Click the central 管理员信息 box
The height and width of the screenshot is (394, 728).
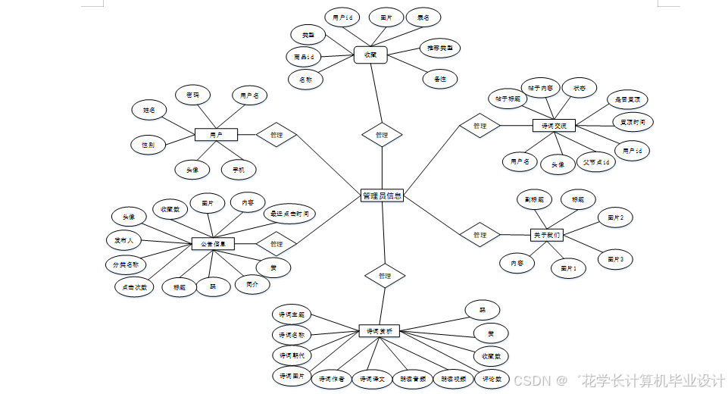(382, 195)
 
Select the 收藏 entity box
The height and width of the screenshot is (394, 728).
(370, 55)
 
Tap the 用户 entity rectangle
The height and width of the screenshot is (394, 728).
(216, 135)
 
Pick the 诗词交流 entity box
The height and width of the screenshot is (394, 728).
(554, 125)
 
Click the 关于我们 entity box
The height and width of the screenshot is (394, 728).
(546, 235)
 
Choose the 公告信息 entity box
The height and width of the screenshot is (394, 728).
(213, 244)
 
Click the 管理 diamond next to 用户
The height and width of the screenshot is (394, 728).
(276, 135)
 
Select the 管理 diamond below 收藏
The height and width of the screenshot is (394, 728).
(381, 135)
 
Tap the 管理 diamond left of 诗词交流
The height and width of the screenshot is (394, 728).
(480, 126)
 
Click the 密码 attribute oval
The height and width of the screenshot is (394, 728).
(193, 95)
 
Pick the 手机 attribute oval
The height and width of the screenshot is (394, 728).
(238, 169)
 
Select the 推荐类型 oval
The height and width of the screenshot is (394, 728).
(440, 48)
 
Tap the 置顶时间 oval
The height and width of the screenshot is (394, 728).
(633, 121)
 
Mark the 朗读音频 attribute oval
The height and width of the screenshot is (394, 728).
(413, 378)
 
